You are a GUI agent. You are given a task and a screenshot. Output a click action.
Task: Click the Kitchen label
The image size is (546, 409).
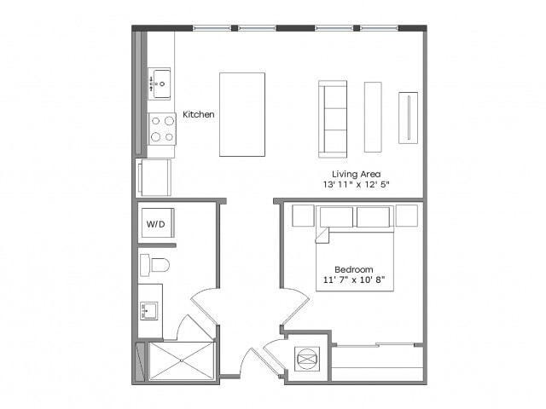199,114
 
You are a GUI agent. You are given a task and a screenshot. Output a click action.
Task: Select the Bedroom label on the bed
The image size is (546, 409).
354,269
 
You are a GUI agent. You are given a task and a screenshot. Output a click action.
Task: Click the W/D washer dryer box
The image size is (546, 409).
156,224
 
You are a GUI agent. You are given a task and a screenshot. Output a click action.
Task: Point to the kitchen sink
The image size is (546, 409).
160,84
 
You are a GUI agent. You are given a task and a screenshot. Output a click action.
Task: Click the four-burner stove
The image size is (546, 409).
162,129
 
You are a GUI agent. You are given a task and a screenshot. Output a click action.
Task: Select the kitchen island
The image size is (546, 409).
242,114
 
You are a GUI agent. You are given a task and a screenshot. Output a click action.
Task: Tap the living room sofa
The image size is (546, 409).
333,119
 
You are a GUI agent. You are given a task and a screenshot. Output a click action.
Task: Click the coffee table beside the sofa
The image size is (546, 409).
373,117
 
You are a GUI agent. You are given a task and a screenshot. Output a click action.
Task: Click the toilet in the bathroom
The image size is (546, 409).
155,265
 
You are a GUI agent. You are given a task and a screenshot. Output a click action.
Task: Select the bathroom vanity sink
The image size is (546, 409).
150,310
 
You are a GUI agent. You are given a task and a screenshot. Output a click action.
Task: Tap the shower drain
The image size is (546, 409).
181,361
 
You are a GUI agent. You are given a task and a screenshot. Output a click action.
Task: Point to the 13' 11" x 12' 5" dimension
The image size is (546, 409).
356,185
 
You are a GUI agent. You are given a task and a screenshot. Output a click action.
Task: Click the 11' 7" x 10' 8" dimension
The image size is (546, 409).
354,280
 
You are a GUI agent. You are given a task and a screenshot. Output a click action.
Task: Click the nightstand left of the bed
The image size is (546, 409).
303,216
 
